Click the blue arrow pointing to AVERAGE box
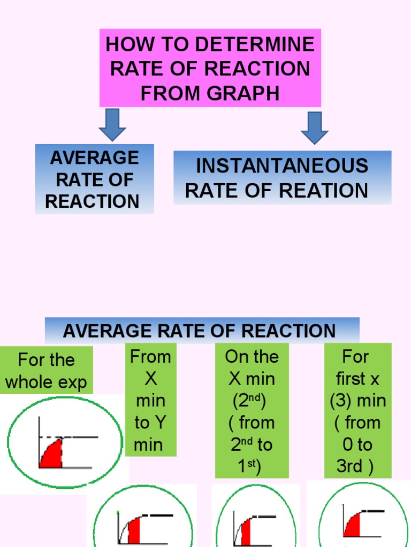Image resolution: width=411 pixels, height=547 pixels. [x=112, y=124]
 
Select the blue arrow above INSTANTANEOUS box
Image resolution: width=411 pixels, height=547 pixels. [x=315, y=127]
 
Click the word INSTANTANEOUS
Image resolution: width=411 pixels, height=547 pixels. [x=282, y=166]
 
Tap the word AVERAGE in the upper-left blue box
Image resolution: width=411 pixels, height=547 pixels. [x=94, y=158]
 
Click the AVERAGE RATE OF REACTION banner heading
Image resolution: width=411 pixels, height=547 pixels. [x=199, y=331]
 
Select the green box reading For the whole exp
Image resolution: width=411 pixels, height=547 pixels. [x=46, y=371]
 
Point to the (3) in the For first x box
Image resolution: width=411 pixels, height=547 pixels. [x=341, y=401]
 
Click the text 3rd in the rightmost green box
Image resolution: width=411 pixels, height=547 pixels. [x=349, y=466]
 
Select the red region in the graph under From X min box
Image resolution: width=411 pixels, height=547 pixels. [x=134, y=530]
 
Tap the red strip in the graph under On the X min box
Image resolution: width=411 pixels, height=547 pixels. [x=246, y=533]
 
